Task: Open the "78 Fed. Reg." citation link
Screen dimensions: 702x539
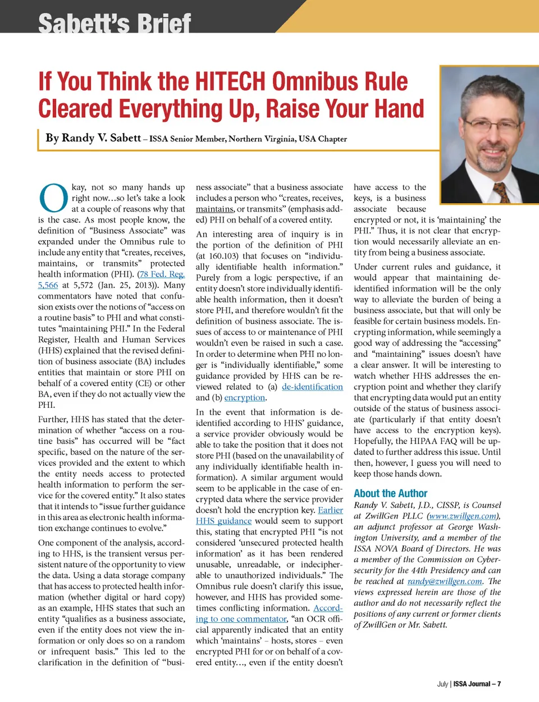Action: (162, 274)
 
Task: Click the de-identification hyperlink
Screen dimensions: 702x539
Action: (312, 387)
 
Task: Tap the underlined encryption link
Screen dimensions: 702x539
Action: (244, 398)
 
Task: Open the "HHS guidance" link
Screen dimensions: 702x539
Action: (223, 521)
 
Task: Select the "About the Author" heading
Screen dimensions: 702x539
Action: (390, 493)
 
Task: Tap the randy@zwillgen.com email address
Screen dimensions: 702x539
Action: (445, 581)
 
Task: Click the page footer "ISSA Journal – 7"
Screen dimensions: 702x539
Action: (477, 683)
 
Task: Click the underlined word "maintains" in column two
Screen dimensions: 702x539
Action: (214, 209)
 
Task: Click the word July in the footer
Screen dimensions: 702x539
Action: (442, 683)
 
